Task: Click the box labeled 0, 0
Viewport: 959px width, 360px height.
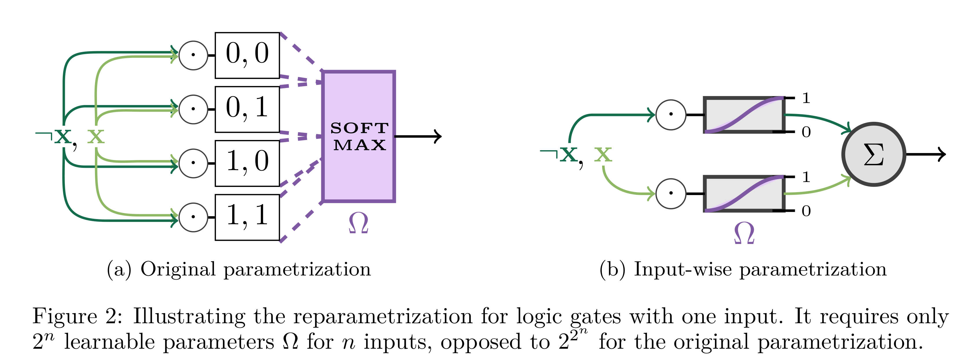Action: pyautogui.click(x=247, y=56)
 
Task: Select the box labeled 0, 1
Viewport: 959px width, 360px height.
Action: pyautogui.click(x=247, y=109)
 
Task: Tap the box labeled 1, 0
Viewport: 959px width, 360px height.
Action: pyautogui.click(x=247, y=164)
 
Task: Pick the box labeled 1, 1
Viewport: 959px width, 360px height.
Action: pyautogui.click(x=247, y=217)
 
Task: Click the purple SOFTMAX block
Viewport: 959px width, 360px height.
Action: pyautogui.click(x=359, y=136)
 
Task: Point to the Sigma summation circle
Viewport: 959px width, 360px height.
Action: pyautogui.click(x=873, y=154)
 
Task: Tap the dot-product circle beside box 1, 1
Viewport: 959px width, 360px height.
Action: pyautogui.click(x=193, y=217)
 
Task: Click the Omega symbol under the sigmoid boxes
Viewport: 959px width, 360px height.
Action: pyautogui.click(x=744, y=234)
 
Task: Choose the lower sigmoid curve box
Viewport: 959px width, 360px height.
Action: pyautogui.click(x=744, y=194)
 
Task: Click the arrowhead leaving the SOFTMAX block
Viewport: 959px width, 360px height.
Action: pyautogui.click(x=438, y=136)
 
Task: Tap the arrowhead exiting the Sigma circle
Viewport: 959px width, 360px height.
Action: pyautogui.click(x=942, y=154)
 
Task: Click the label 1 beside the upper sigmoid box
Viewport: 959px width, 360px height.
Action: pyautogui.click(x=806, y=98)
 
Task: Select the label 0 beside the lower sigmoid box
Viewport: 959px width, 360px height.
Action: pyautogui.click(x=806, y=211)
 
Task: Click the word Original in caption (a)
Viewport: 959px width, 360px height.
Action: pyautogui.click(x=178, y=269)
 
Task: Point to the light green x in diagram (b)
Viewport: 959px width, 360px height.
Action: pyautogui.click(x=603, y=154)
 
